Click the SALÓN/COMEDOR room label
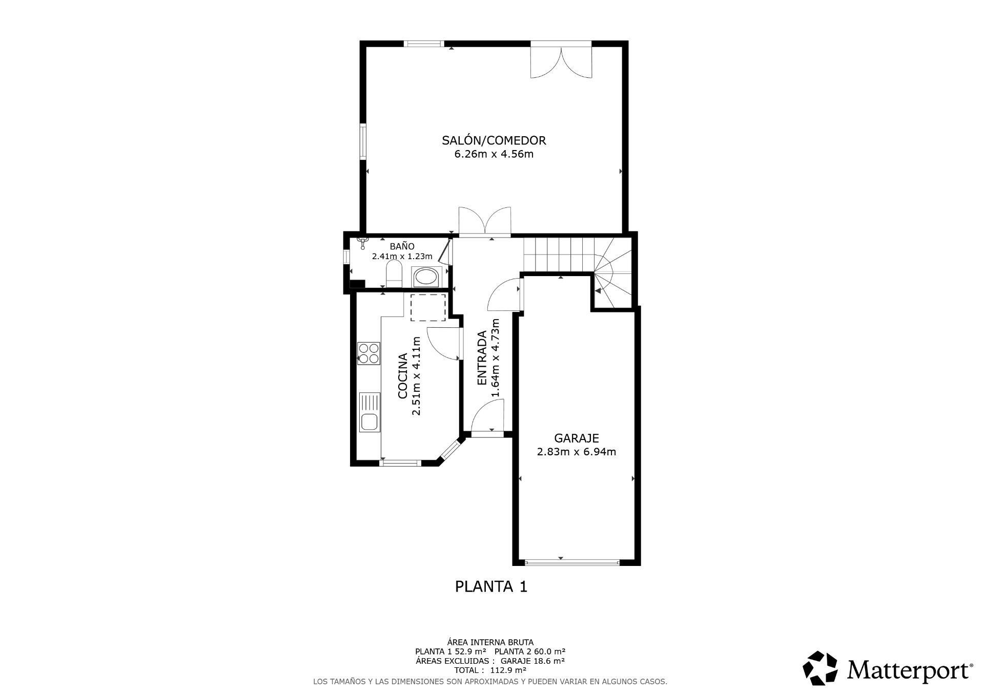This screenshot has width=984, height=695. (x=494, y=140)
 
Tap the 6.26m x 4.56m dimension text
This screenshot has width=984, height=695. (x=494, y=154)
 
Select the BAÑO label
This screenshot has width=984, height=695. (x=402, y=246)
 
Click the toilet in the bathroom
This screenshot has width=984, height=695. (x=394, y=273)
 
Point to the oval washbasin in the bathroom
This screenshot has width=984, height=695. (x=425, y=277)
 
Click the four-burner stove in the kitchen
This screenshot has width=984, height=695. (x=369, y=353)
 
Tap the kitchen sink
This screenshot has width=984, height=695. (x=370, y=412)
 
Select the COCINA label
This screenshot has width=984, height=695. (x=403, y=376)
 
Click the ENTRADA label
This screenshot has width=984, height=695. (x=482, y=358)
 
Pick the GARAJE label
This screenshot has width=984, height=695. (x=577, y=438)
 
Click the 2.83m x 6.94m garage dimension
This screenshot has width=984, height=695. (x=577, y=452)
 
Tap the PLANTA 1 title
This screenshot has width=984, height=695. (x=491, y=586)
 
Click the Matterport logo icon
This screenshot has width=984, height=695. (x=820, y=668)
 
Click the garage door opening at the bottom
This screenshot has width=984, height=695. (x=572, y=562)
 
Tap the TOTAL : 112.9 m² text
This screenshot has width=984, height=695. (x=490, y=670)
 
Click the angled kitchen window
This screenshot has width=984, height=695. (x=450, y=449)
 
